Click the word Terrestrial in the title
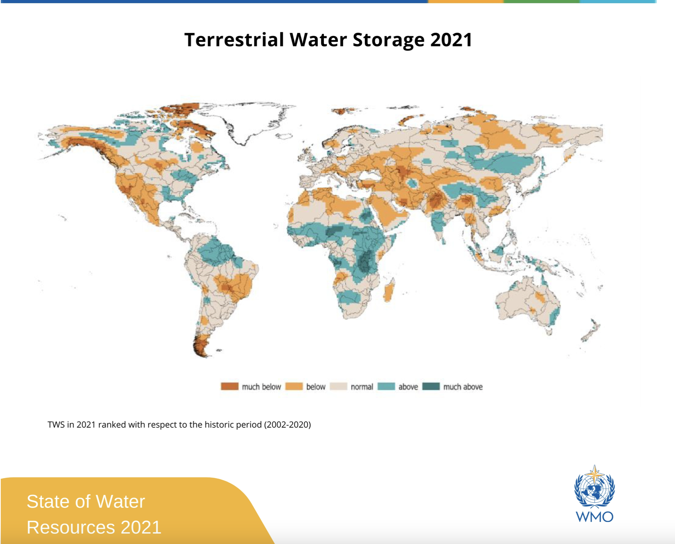pos(234,40)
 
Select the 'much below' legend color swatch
pos(229,386)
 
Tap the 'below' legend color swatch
pos(294,386)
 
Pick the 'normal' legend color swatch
pos(338,386)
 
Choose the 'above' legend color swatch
pos(386,386)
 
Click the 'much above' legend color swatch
pos(431,386)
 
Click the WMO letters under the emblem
pos(594,517)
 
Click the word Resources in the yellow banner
pos(71,527)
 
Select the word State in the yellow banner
pos(48,501)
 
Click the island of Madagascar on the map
pos(389,291)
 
